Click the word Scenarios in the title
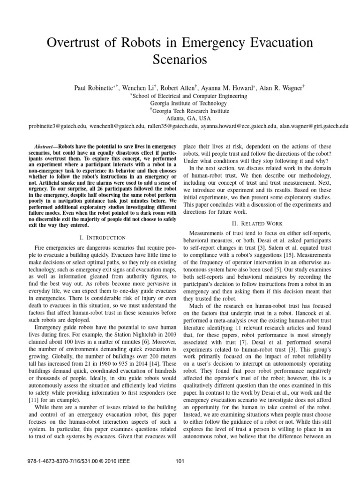(x=180, y=60)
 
